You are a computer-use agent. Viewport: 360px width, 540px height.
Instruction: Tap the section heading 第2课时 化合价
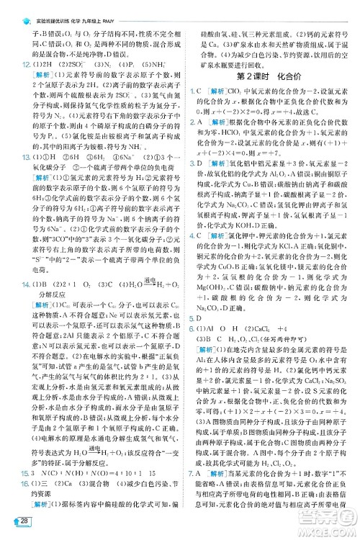coord(267,76)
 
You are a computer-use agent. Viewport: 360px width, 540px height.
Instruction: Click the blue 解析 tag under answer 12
coord(32,76)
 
